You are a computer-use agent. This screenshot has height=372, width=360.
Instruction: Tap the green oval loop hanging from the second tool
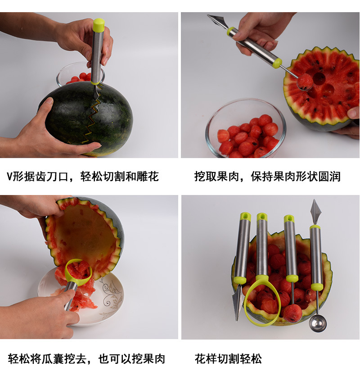pyautogui.click(x=262, y=304)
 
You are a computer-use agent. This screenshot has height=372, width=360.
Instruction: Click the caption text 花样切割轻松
pyautogui.click(x=228, y=358)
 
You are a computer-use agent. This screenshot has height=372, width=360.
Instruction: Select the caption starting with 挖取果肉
pyautogui.click(x=267, y=176)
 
